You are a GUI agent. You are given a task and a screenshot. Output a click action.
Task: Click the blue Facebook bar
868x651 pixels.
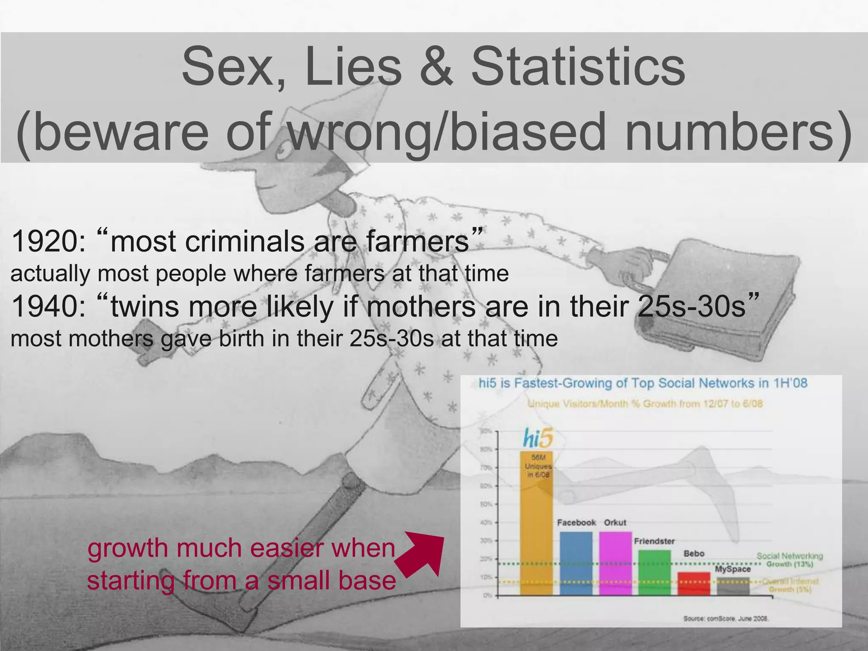(576, 564)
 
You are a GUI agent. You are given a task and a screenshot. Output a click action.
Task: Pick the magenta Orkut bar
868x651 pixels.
(615, 564)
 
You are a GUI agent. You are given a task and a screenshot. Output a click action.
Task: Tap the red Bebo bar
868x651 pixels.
(694, 584)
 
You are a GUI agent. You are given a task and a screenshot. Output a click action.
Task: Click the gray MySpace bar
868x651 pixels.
(733, 587)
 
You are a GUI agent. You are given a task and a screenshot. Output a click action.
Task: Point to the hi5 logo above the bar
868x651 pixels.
(537, 438)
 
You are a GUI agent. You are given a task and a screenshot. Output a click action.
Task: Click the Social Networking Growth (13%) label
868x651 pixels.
(790, 560)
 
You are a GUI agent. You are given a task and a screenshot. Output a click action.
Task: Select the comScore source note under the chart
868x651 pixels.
(726, 618)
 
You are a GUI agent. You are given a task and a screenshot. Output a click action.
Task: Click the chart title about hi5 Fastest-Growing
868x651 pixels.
(643, 383)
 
